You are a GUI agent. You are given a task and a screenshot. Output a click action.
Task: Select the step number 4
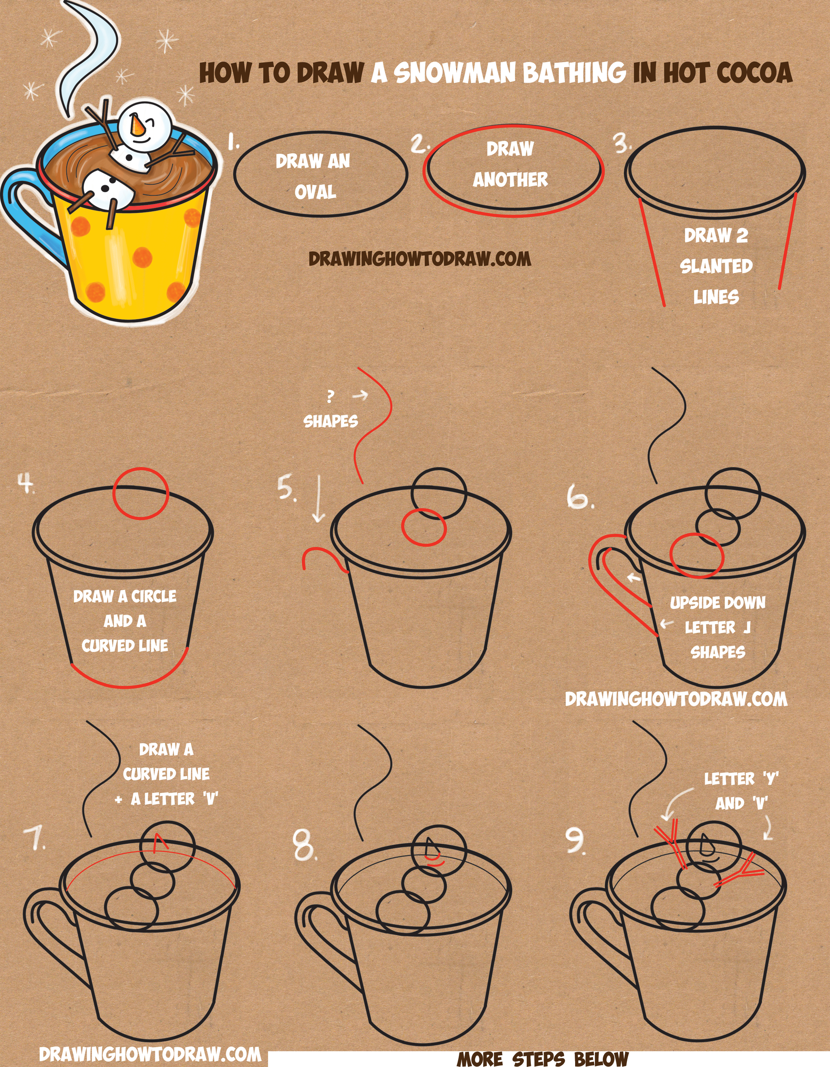pos(26,483)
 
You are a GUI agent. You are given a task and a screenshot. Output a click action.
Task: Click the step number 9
pos(576,841)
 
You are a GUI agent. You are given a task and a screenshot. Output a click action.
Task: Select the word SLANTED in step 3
pos(716,266)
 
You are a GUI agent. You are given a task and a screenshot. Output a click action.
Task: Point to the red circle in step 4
pos(141,494)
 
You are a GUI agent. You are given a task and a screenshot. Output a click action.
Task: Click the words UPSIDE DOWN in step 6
pos(718,603)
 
